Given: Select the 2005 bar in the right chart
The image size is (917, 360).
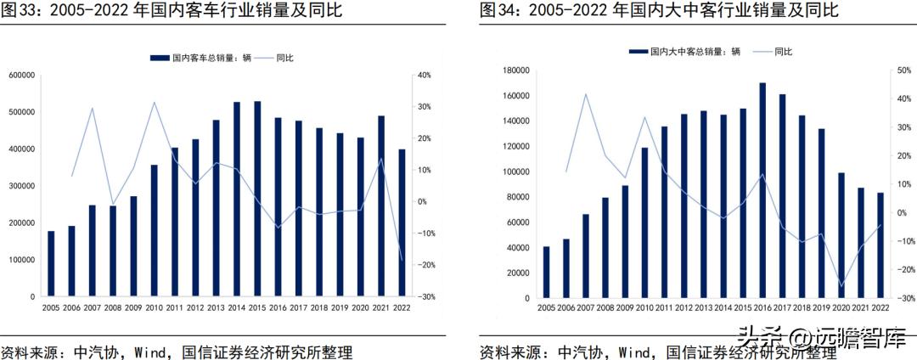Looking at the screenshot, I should [546, 273].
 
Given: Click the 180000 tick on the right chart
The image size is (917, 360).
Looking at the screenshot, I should [512, 70].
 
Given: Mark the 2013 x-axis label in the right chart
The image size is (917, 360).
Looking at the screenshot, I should [703, 309].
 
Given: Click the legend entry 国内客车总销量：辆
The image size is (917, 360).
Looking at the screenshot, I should [200, 59].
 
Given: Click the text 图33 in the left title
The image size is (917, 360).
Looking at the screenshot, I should [20, 10].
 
